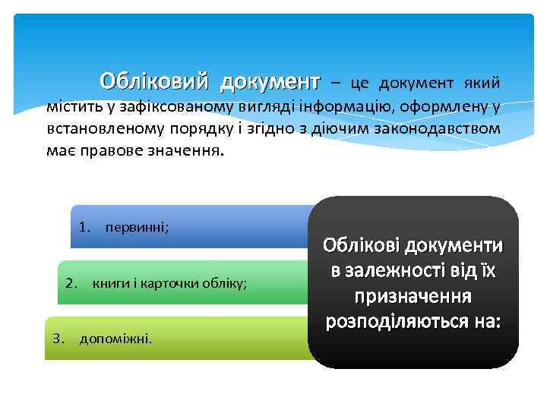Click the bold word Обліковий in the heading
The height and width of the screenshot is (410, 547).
tap(157, 80)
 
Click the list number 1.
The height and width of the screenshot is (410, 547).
tap(84, 226)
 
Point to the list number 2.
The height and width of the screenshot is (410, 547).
tap(71, 283)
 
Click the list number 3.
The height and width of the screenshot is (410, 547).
tap(58, 337)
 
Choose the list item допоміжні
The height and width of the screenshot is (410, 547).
tap(115, 337)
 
